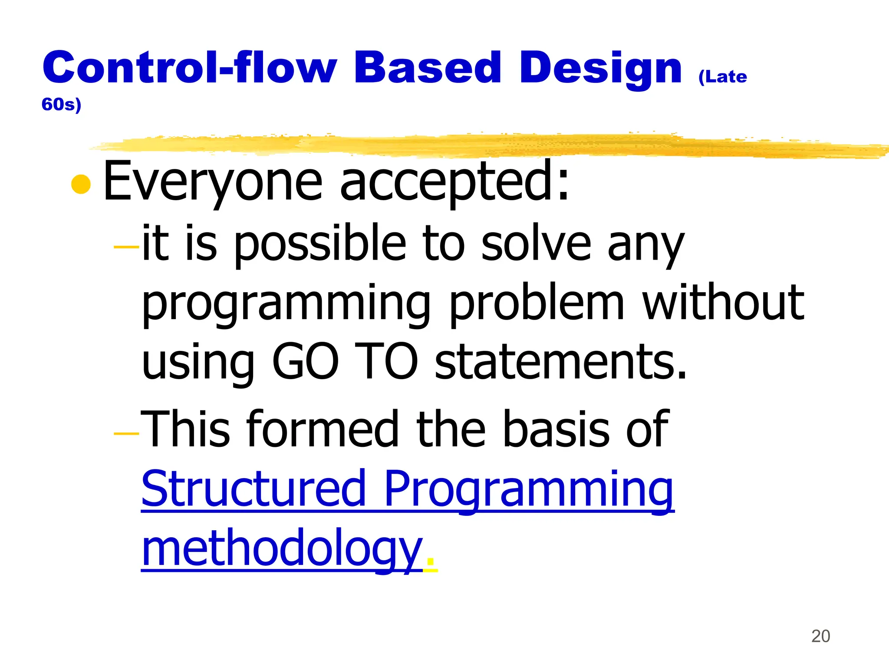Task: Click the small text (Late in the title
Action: point(722,77)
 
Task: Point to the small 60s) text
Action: point(61,105)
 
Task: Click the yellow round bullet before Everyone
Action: point(81,184)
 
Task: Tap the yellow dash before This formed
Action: point(126,433)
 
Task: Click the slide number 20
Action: point(820,636)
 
